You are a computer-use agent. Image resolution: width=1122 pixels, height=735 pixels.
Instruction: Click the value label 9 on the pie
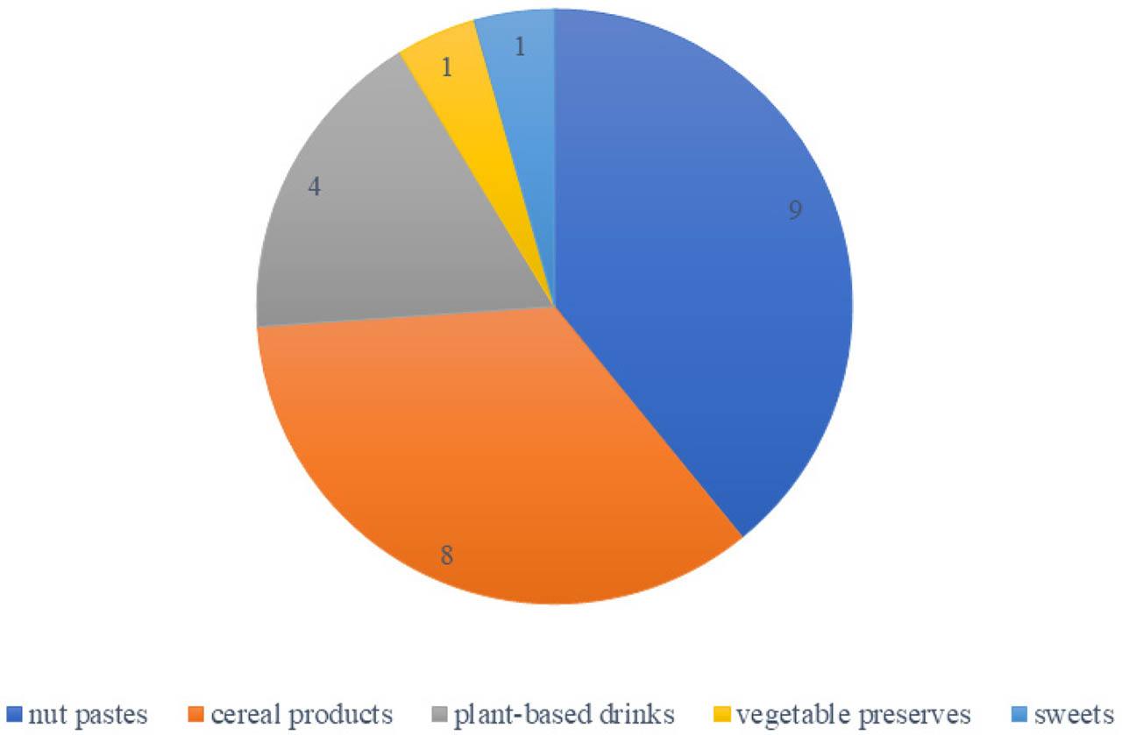[x=794, y=211]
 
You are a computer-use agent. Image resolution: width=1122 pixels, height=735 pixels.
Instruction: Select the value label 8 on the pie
[x=446, y=555]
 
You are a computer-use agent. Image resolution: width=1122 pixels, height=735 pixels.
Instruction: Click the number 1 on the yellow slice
[x=447, y=67]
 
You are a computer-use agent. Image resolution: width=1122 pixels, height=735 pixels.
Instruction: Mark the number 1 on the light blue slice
[x=520, y=46]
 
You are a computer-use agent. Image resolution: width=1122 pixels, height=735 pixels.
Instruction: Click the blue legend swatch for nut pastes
[x=15, y=714]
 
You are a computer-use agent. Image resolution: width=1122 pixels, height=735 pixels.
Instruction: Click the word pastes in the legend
[x=110, y=715]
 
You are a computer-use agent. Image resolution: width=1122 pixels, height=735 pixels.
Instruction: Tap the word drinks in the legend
[x=649, y=714]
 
